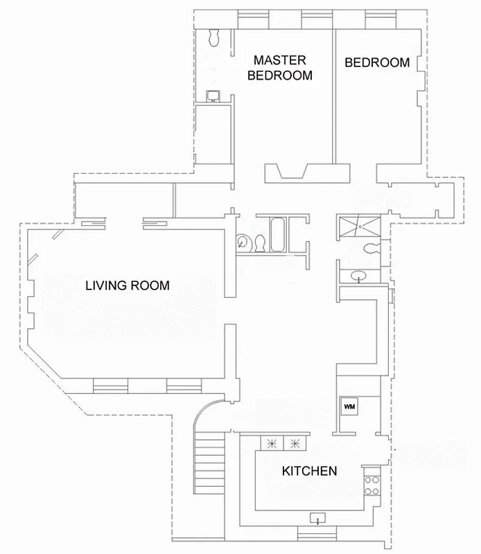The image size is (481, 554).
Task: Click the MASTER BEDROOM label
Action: (x=279, y=68)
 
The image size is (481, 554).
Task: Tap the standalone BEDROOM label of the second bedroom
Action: (x=377, y=62)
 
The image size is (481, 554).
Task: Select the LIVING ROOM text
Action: (x=128, y=285)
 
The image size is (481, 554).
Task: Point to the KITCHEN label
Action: (x=309, y=472)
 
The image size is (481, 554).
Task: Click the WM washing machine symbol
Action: (x=349, y=406)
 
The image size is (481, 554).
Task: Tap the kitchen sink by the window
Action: (x=318, y=518)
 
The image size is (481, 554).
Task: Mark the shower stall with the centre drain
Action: (x=358, y=226)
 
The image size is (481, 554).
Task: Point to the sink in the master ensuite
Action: (x=215, y=96)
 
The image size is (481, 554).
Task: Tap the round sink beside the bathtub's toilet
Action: (x=243, y=242)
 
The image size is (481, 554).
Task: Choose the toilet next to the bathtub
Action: (x=260, y=243)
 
